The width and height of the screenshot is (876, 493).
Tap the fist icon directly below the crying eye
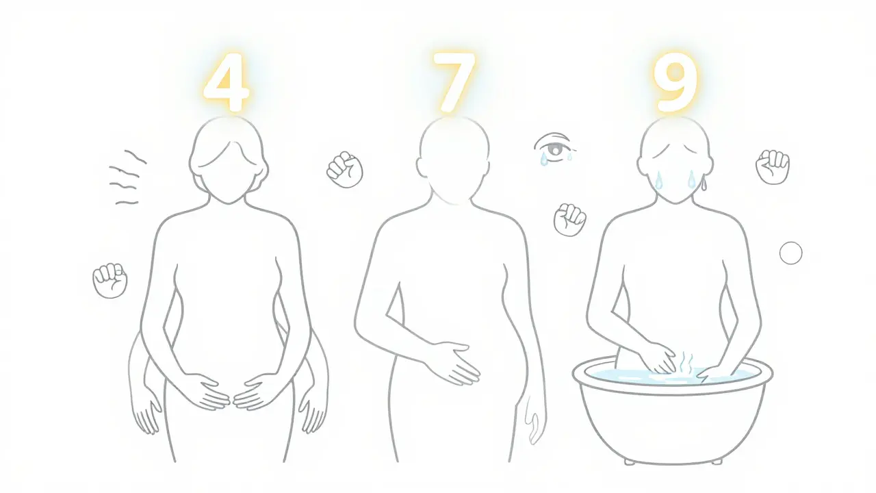point(569,220)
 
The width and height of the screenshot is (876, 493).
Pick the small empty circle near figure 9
point(790,253)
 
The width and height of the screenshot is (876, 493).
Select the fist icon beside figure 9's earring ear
point(773,166)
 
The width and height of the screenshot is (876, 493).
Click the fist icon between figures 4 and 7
point(345,169)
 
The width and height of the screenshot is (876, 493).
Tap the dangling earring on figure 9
point(703,183)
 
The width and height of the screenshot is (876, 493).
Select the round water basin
point(672,411)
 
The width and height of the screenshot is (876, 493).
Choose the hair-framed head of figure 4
point(227,161)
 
